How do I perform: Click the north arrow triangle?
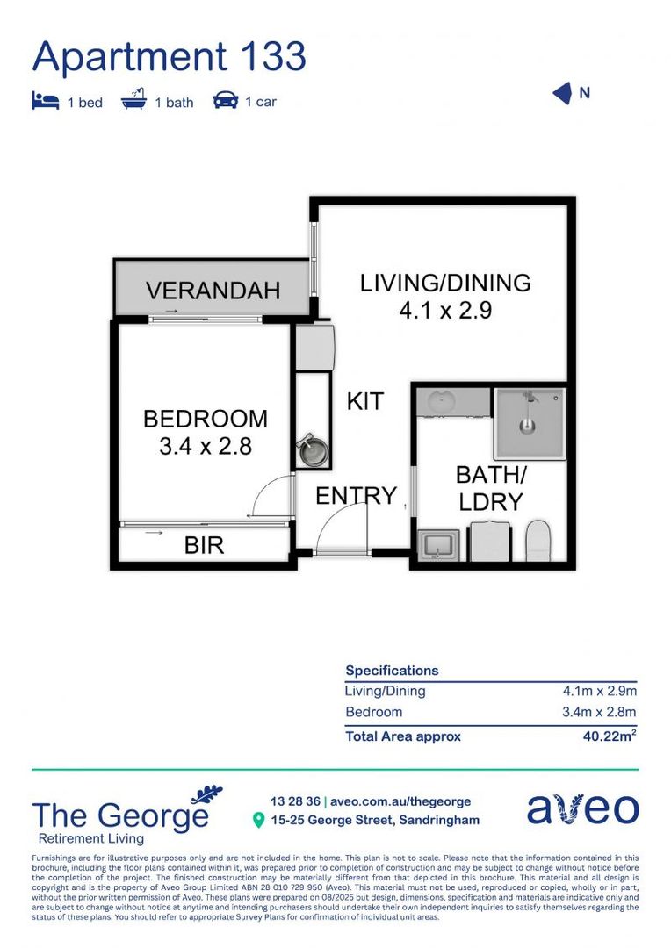point(562,94)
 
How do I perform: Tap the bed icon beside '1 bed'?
point(45,102)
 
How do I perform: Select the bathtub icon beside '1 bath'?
point(134,101)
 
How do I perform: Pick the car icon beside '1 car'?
point(226,101)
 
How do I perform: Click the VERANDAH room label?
point(213,290)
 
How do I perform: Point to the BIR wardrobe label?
point(204,545)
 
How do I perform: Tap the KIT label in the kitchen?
point(364,401)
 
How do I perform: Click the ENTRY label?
point(356,496)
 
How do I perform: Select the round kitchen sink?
point(313,452)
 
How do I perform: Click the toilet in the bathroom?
point(537,540)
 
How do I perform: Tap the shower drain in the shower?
point(527,427)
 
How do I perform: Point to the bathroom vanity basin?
point(439,403)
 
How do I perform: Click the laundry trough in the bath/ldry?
point(437,545)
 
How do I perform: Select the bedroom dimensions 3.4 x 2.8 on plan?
point(206,446)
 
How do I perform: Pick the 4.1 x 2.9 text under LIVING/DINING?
point(445,310)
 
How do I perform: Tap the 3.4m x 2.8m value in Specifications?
point(599,712)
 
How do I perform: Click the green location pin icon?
point(258,821)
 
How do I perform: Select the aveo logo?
point(582,808)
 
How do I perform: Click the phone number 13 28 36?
point(295,801)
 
